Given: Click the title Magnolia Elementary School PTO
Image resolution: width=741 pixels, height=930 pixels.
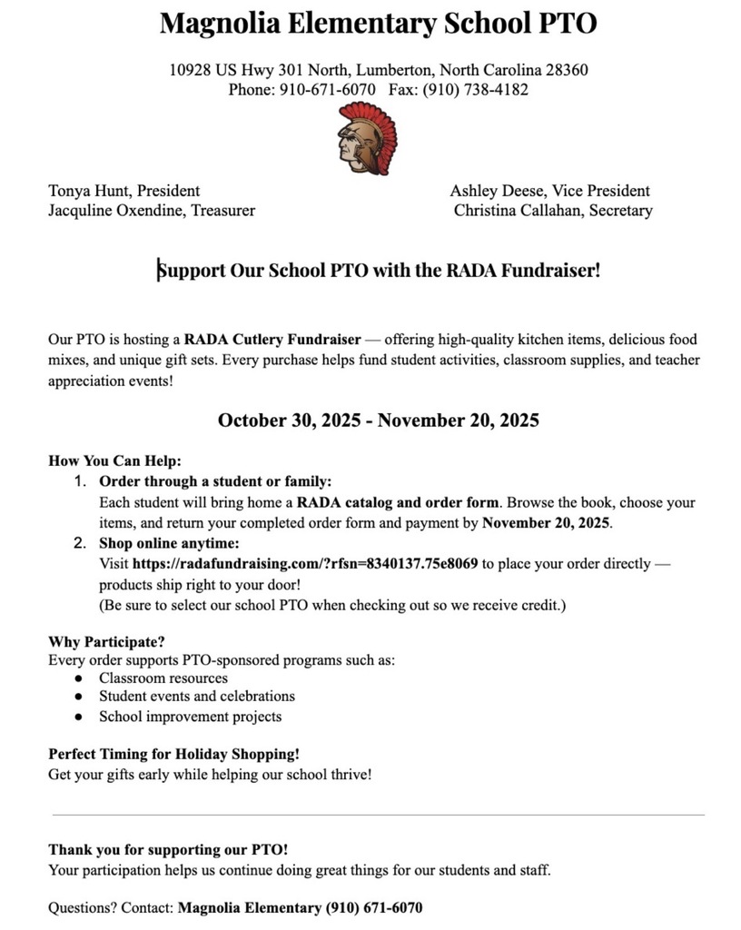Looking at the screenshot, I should tap(378, 24).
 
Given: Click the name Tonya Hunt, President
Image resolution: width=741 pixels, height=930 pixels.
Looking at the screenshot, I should tap(123, 191).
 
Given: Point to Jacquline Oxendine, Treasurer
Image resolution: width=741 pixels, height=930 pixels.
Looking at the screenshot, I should tap(151, 211).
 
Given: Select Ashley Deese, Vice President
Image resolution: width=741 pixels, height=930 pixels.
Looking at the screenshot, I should tap(549, 191).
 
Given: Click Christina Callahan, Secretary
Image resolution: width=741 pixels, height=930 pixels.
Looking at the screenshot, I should tap(553, 211).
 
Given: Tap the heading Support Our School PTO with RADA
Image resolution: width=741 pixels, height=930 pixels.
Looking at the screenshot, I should tap(378, 271).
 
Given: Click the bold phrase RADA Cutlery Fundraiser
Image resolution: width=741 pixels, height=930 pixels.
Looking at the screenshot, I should tap(272, 340).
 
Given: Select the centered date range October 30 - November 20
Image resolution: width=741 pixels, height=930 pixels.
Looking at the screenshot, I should tap(378, 420).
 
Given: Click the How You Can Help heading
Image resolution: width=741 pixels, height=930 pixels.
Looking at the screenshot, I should tap(114, 460).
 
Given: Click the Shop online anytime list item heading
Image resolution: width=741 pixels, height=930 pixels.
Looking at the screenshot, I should tap(169, 543).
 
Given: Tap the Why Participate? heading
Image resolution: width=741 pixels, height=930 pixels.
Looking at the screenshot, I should tap(106, 642).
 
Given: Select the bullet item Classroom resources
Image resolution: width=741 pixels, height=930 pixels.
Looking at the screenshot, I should tap(163, 678).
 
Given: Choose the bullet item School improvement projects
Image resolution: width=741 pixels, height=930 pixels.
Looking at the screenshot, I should tap(190, 717).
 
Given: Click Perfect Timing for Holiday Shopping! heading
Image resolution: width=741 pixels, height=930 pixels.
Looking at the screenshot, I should tap(173, 755).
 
